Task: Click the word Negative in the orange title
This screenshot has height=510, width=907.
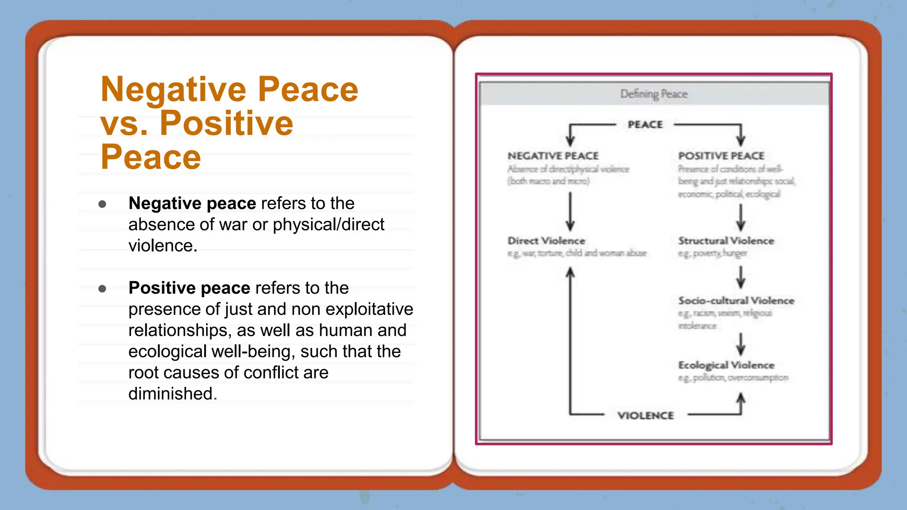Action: (x=173, y=90)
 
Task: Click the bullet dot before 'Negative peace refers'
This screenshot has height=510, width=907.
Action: (x=102, y=204)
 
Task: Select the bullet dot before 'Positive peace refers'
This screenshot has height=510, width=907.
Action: (x=102, y=289)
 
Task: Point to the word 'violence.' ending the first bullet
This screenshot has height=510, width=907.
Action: (x=163, y=246)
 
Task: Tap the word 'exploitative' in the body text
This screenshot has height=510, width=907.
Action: (x=369, y=309)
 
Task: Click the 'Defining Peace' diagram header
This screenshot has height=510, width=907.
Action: (x=654, y=94)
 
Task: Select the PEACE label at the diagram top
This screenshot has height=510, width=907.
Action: (x=645, y=125)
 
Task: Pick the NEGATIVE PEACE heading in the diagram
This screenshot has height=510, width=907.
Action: (x=553, y=156)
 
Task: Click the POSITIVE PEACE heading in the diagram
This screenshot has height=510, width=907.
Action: (x=721, y=156)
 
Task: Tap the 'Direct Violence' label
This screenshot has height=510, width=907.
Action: (x=546, y=241)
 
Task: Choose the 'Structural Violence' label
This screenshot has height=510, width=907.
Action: (x=726, y=241)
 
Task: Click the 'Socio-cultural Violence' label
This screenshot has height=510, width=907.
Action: (x=736, y=301)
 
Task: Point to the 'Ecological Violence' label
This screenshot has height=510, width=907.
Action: (x=726, y=365)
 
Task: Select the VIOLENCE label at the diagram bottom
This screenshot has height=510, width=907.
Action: (x=645, y=416)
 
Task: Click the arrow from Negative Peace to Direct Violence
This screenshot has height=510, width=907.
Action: (x=570, y=212)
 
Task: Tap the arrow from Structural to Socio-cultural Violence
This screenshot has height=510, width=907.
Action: (x=740, y=277)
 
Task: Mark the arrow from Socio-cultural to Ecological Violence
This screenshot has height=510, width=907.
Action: (x=740, y=344)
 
